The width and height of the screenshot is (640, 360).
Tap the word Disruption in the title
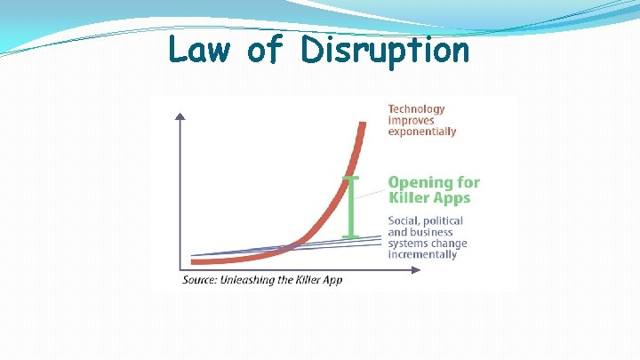pos(384,52)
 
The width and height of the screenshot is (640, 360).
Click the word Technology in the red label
pos(417,109)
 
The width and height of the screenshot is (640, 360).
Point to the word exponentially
pos(422,132)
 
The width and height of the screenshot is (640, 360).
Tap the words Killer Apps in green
pos(428,197)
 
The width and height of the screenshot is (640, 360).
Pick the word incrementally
pos(422,254)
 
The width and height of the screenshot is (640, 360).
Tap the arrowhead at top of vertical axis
pos(181,116)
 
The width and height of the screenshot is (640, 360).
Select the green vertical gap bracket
pos(350,207)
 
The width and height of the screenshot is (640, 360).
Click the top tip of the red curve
pos(362,122)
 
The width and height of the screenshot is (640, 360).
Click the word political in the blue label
pos(444,220)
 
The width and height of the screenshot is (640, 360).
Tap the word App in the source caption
pos(331,280)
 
